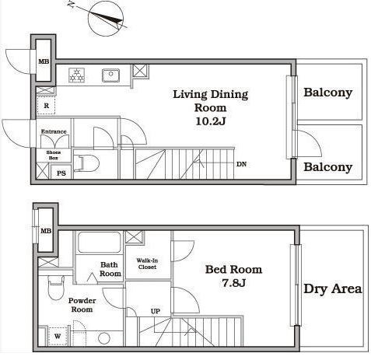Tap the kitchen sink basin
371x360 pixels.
coord(110,75)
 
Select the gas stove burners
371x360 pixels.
coord(77,75)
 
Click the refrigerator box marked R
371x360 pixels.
coord(46,106)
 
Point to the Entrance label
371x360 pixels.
coord(54,131)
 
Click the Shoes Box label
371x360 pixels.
coord(54,155)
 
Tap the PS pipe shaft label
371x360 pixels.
coord(61,173)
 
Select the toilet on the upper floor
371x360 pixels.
coord(86,163)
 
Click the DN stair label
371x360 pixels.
coord(241,164)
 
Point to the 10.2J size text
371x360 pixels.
coord(210,121)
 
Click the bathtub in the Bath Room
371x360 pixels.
coord(99,243)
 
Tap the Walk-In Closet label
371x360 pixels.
coord(147,264)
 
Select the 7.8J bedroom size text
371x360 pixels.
coord(233,283)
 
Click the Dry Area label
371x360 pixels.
coord(333,288)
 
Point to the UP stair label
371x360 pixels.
coord(156,311)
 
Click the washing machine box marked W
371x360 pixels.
coord(58,336)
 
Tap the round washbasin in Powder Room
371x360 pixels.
coord(104,338)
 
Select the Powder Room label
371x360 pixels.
coord(82,305)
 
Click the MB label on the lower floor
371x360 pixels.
coord(46,231)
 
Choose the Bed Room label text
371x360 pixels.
coord(233,270)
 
